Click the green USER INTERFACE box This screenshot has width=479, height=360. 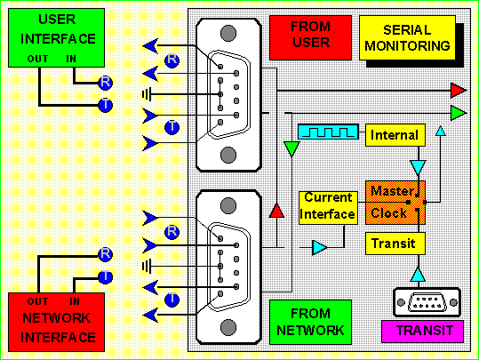click(x=57, y=38)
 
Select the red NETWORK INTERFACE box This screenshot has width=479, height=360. click(x=57, y=322)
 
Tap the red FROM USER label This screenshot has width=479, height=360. click(x=310, y=37)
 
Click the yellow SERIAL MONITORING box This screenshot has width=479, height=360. click(x=407, y=37)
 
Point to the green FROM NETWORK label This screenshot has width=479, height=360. click(x=310, y=322)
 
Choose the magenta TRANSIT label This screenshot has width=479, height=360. click(x=422, y=332)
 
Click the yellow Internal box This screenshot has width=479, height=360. click(x=395, y=135)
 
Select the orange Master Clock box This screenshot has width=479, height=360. click(x=395, y=203)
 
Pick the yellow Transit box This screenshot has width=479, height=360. click(x=395, y=244)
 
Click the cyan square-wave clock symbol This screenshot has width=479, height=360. click(x=328, y=132)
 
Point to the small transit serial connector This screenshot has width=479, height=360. click(x=427, y=302)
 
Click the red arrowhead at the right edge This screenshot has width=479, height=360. click(x=459, y=91)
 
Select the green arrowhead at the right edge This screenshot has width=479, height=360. click(x=459, y=113)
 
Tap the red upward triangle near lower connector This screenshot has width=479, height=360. click(x=276, y=211)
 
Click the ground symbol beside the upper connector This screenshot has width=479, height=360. click(x=147, y=94)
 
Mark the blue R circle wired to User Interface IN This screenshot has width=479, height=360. click(x=105, y=83)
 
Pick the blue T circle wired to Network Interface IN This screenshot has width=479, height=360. click(x=105, y=277)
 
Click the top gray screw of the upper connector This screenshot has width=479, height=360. click(x=228, y=33)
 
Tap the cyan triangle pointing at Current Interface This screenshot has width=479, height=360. click(x=320, y=247)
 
